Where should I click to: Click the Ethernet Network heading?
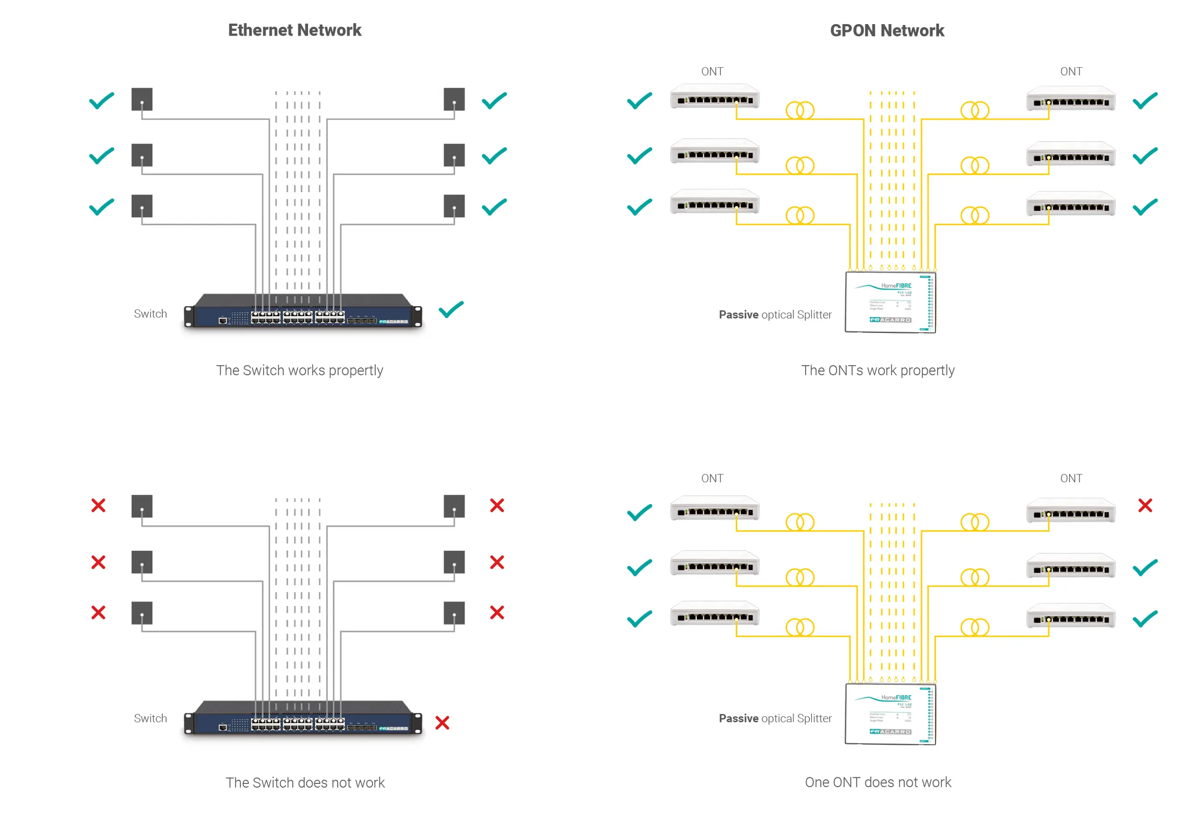[x=295, y=30]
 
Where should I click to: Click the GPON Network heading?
[x=887, y=31]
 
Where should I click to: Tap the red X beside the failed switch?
[x=442, y=722]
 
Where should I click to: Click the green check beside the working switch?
[x=451, y=309]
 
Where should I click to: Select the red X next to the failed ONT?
[x=1145, y=505]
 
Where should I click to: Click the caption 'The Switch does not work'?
[x=305, y=782]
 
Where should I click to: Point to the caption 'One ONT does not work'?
[x=877, y=782]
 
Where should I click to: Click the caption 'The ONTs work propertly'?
[x=877, y=371]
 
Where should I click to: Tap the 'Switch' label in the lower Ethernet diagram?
[x=150, y=718]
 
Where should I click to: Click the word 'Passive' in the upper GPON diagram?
[x=738, y=315]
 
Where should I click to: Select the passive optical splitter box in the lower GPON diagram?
[x=889, y=714]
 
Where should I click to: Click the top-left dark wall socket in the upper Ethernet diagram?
[x=142, y=99]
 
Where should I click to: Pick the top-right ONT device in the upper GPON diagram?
[x=1070, y=99]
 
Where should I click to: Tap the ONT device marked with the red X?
[x=1070, y=511]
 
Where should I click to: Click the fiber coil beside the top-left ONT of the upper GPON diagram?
[x=800, y=111]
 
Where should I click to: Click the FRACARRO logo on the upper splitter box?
[x=889, y=320]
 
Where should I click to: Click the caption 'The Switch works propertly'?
[x=300, y=371]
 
